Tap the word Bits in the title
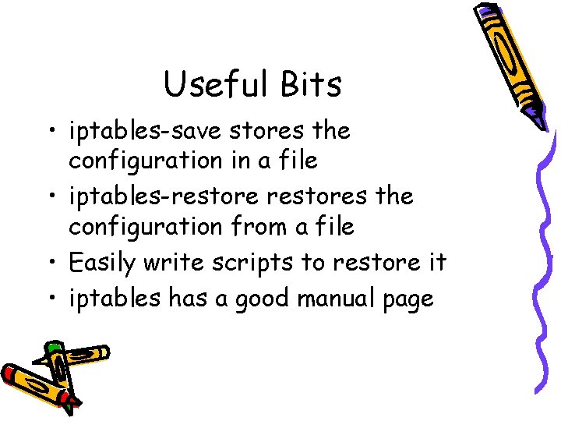click(309, 84)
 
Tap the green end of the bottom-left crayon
click(53, 347)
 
